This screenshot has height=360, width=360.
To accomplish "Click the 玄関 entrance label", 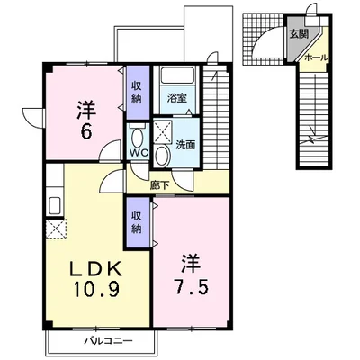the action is [x=299, y=34].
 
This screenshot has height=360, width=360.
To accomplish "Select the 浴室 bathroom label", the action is [x=177, y=98].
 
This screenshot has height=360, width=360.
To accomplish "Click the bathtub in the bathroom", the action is [x=177, y=75].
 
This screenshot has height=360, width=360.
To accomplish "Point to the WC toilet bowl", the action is [x=138, y=136].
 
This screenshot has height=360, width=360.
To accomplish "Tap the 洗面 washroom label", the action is [x=185, y=145].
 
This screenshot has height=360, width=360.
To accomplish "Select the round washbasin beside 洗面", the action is [x=162, y=156].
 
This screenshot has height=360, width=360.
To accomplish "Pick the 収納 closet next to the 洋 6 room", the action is [x=137, y=93].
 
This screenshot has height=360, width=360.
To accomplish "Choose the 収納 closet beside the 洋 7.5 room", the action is [x=137, y=222].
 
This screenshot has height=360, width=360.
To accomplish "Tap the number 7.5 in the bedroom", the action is [x=190, y=287].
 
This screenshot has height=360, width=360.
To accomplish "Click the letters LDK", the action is [x=96, y=269].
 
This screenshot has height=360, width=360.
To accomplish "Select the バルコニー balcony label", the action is [x=108, y=341].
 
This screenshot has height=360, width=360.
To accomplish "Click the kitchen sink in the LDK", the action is [x=55, y=206].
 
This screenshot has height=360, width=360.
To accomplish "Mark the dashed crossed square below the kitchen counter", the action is [x=57, y=229].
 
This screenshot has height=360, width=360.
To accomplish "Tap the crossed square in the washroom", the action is [x=163, y=130].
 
